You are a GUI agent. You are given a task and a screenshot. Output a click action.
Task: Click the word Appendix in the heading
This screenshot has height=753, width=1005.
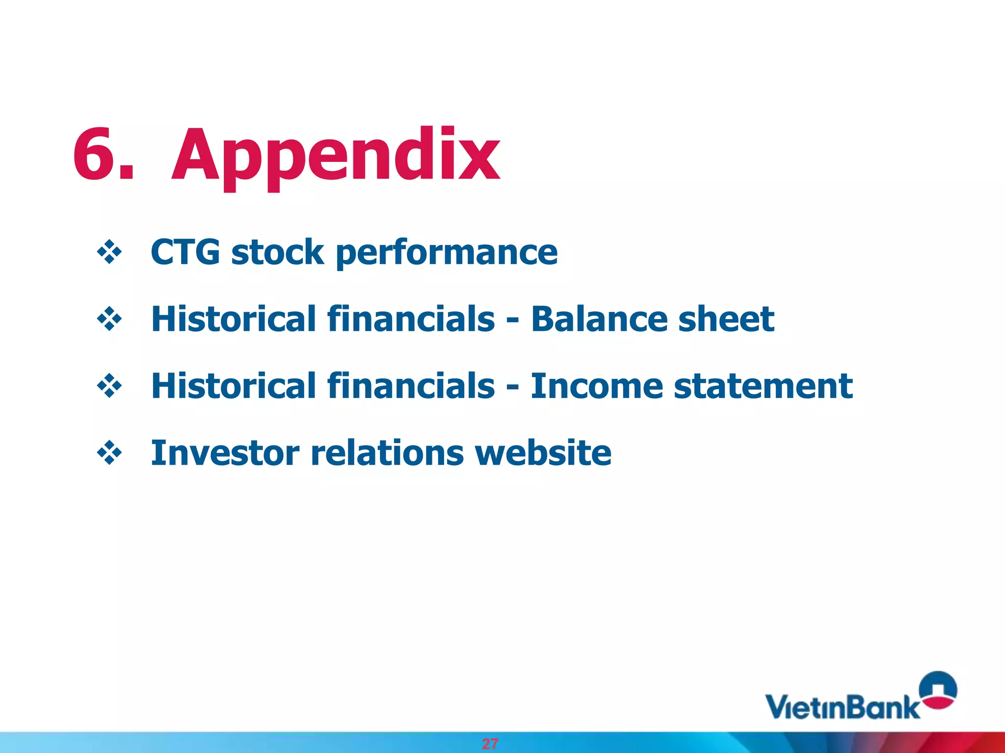point(336,156)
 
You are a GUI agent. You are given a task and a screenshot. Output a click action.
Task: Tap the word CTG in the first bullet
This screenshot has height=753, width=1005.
point(185,252)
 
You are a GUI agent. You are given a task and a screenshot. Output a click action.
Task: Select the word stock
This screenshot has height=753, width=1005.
point(277,252)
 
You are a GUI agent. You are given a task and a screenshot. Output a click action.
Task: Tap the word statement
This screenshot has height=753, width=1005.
point(763,386)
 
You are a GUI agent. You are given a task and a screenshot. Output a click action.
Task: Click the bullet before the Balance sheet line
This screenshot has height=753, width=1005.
point(109,320)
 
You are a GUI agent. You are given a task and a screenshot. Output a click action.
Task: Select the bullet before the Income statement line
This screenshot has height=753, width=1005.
point(109,386)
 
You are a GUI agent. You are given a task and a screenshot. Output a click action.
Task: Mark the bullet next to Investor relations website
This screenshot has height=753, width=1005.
point(109,453)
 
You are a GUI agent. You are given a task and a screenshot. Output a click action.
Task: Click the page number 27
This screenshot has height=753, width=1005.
point(490,744)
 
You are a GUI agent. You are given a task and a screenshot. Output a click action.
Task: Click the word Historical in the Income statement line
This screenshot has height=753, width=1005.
point(234,386)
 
